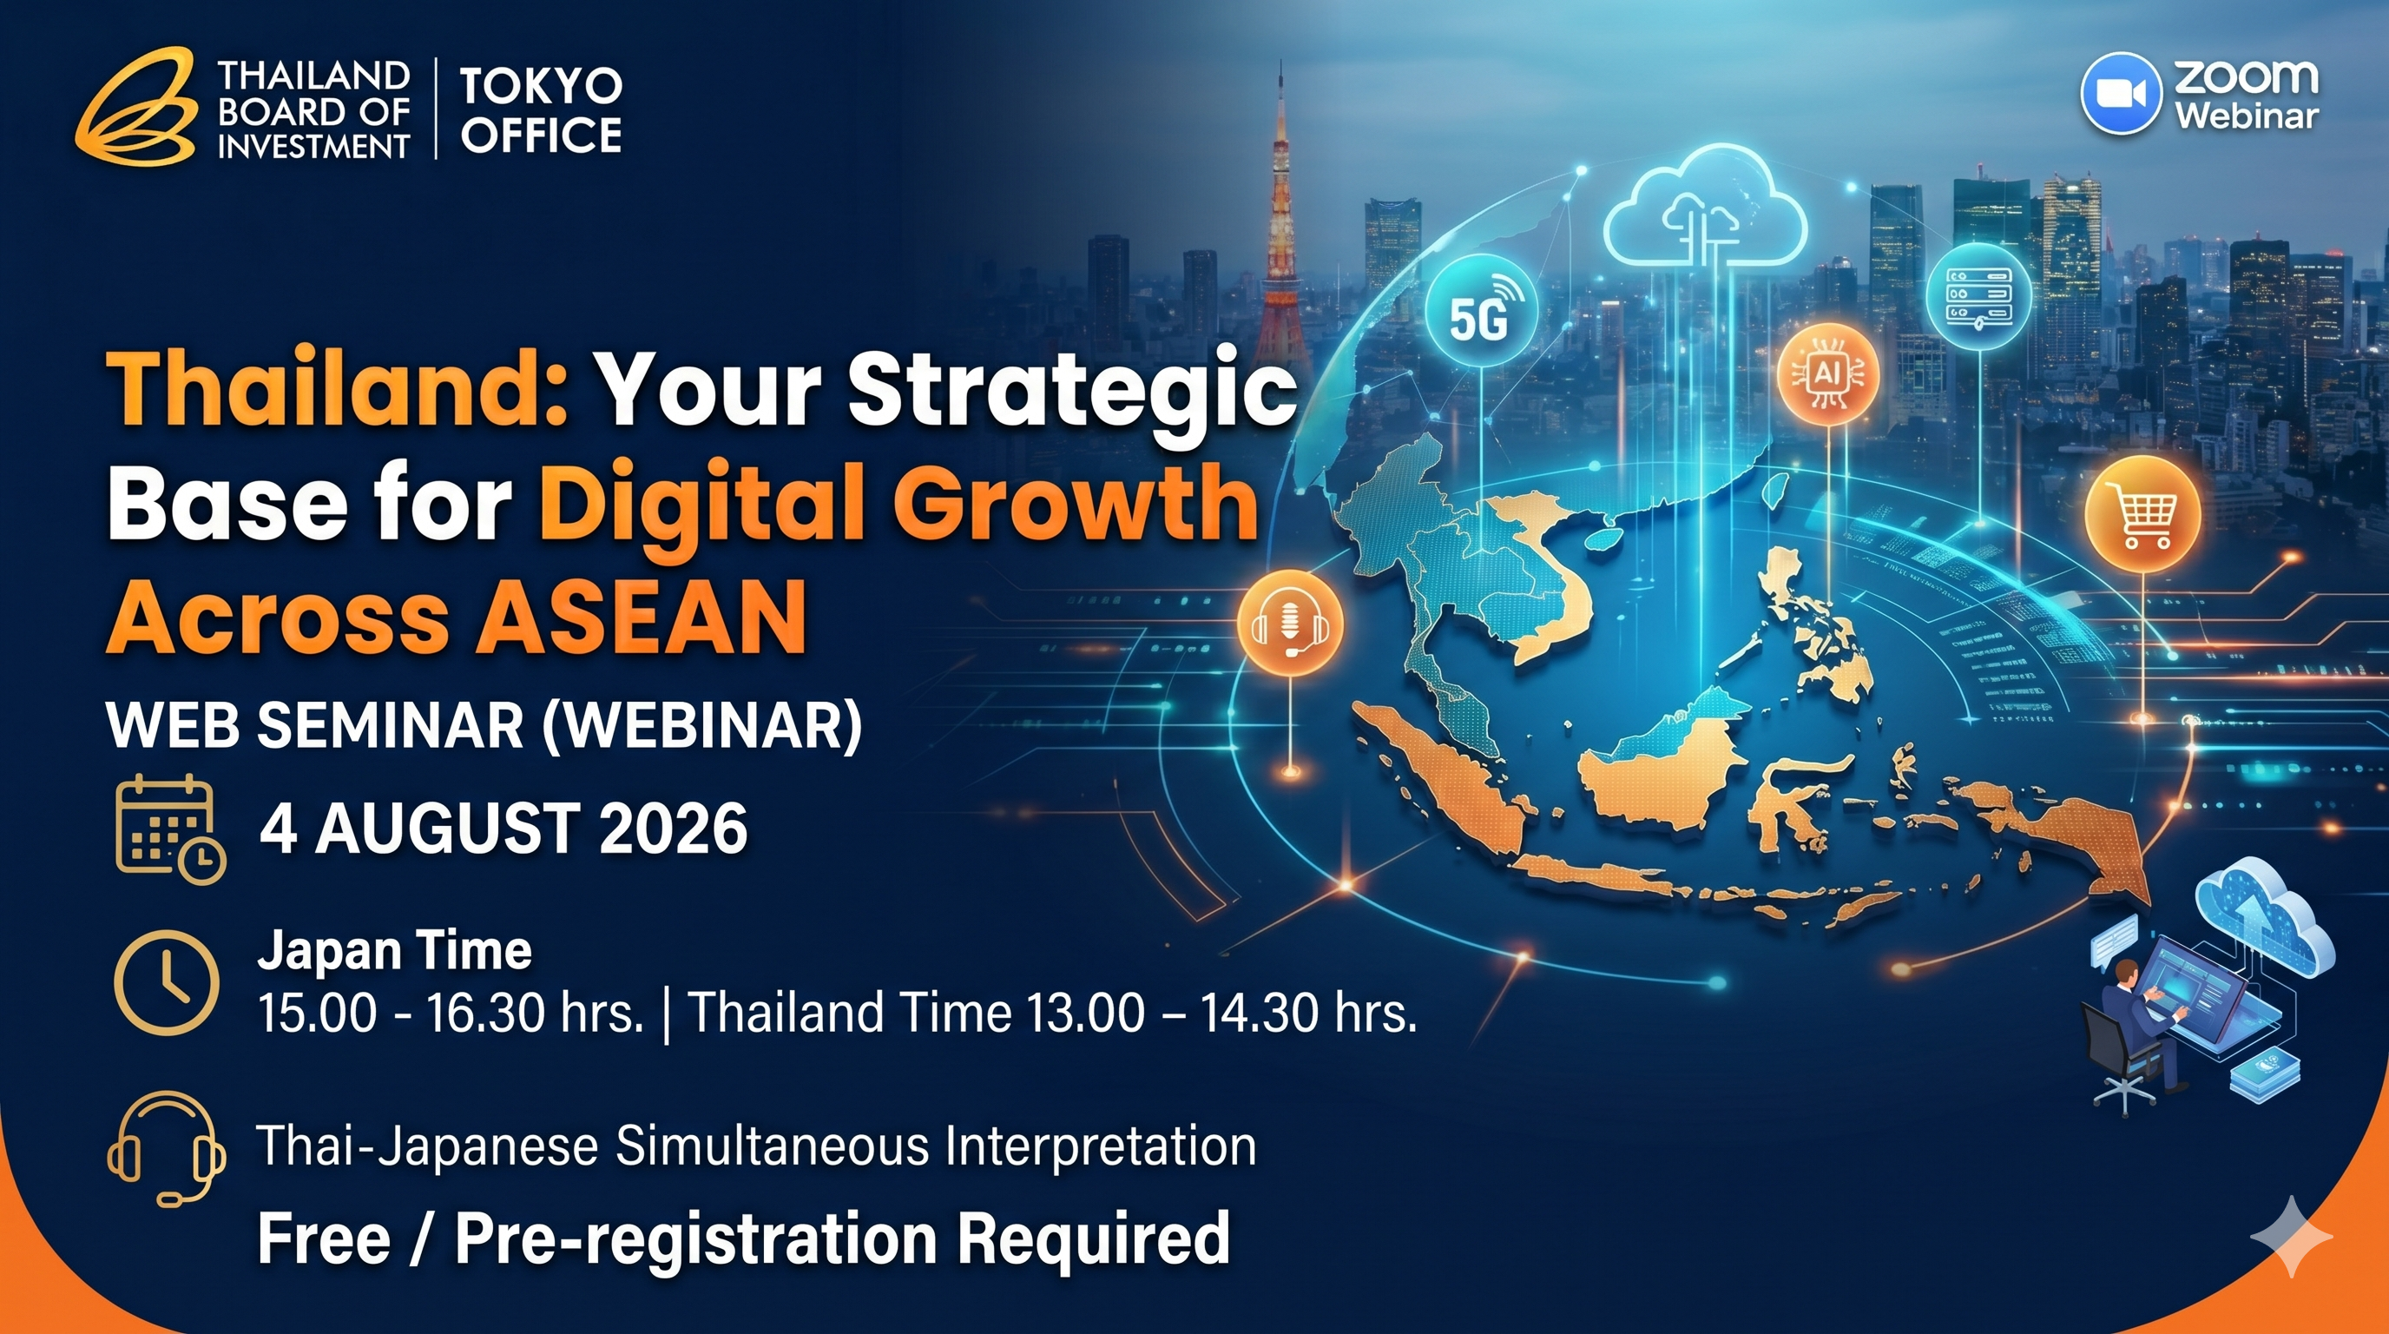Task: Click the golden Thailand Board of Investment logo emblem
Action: coord(137,106)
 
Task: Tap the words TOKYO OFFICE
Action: coord(542,110)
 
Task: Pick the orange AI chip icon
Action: coord(1828,373)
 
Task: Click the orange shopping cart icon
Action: coord(2142,514)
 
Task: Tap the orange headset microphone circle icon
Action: coord(1290,622)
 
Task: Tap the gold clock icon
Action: coord(167,982)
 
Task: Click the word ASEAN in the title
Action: coord(642,616)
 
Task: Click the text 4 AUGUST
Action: coord(421,829)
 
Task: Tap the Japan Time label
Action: coord(395,951)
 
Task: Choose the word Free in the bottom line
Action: coord(324,1238)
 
